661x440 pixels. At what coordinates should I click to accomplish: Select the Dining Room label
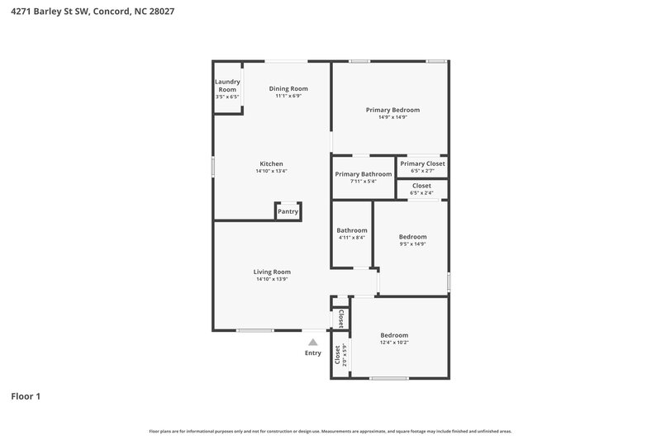(288, 88)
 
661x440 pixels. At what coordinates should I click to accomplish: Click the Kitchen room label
(271, 163)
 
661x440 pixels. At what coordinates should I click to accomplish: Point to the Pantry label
(288, 212)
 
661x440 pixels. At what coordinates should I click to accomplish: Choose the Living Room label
(272, 272)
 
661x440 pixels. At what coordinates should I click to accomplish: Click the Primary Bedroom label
(392, 110)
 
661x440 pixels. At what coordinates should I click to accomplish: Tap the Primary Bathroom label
(363, 174)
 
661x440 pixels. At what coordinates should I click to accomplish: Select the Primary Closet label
(422, 163)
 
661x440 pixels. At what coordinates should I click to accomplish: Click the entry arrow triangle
(312, 342)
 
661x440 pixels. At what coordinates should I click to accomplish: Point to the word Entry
(312, 353)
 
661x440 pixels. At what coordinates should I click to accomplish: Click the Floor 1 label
(26, 396)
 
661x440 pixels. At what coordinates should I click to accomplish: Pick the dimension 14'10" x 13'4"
(271, 172)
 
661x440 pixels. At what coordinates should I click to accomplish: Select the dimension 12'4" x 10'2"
(393, 343)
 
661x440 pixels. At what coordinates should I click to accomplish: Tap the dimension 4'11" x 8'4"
(351, 238)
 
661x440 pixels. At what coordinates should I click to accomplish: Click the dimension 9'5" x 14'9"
(412, 244)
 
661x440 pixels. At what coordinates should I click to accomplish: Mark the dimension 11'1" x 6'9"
(288, 96)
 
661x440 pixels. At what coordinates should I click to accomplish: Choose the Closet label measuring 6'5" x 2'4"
(421, 186)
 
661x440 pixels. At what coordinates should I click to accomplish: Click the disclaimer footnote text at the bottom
(330, 431)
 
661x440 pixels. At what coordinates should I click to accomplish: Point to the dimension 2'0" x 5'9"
(344, 356)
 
